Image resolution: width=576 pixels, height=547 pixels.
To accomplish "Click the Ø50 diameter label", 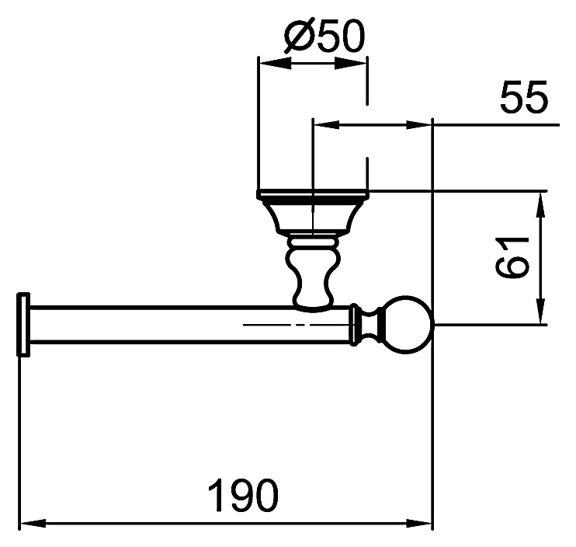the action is click(x=324, y=36).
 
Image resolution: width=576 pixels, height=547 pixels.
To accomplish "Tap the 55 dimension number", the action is click(x=524, y=96).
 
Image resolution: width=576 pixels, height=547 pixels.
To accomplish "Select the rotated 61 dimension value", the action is click(x=512, y=258).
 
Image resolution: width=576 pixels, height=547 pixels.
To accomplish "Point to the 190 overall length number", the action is click(x=243, y=494).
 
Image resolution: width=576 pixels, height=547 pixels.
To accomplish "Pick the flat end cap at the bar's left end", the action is click(x=23, y=324).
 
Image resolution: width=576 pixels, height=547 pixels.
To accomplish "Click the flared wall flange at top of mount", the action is click(x=312, y=212).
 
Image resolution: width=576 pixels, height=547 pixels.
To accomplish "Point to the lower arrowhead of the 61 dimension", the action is click(x=540, y=311).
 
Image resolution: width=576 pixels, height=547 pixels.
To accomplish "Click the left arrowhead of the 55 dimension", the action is click(x=327, y=125).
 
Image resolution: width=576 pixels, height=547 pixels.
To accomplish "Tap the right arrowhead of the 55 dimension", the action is click(x=418, y=125).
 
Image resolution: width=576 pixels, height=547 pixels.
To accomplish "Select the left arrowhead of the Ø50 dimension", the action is click(x=275, y=63).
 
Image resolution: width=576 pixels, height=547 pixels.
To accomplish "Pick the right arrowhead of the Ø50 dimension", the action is click(x=350, y=63).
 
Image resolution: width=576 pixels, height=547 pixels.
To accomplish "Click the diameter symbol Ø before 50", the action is click(x=301, y=36).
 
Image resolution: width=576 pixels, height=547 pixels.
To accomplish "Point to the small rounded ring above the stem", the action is click(x=312, y=242).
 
